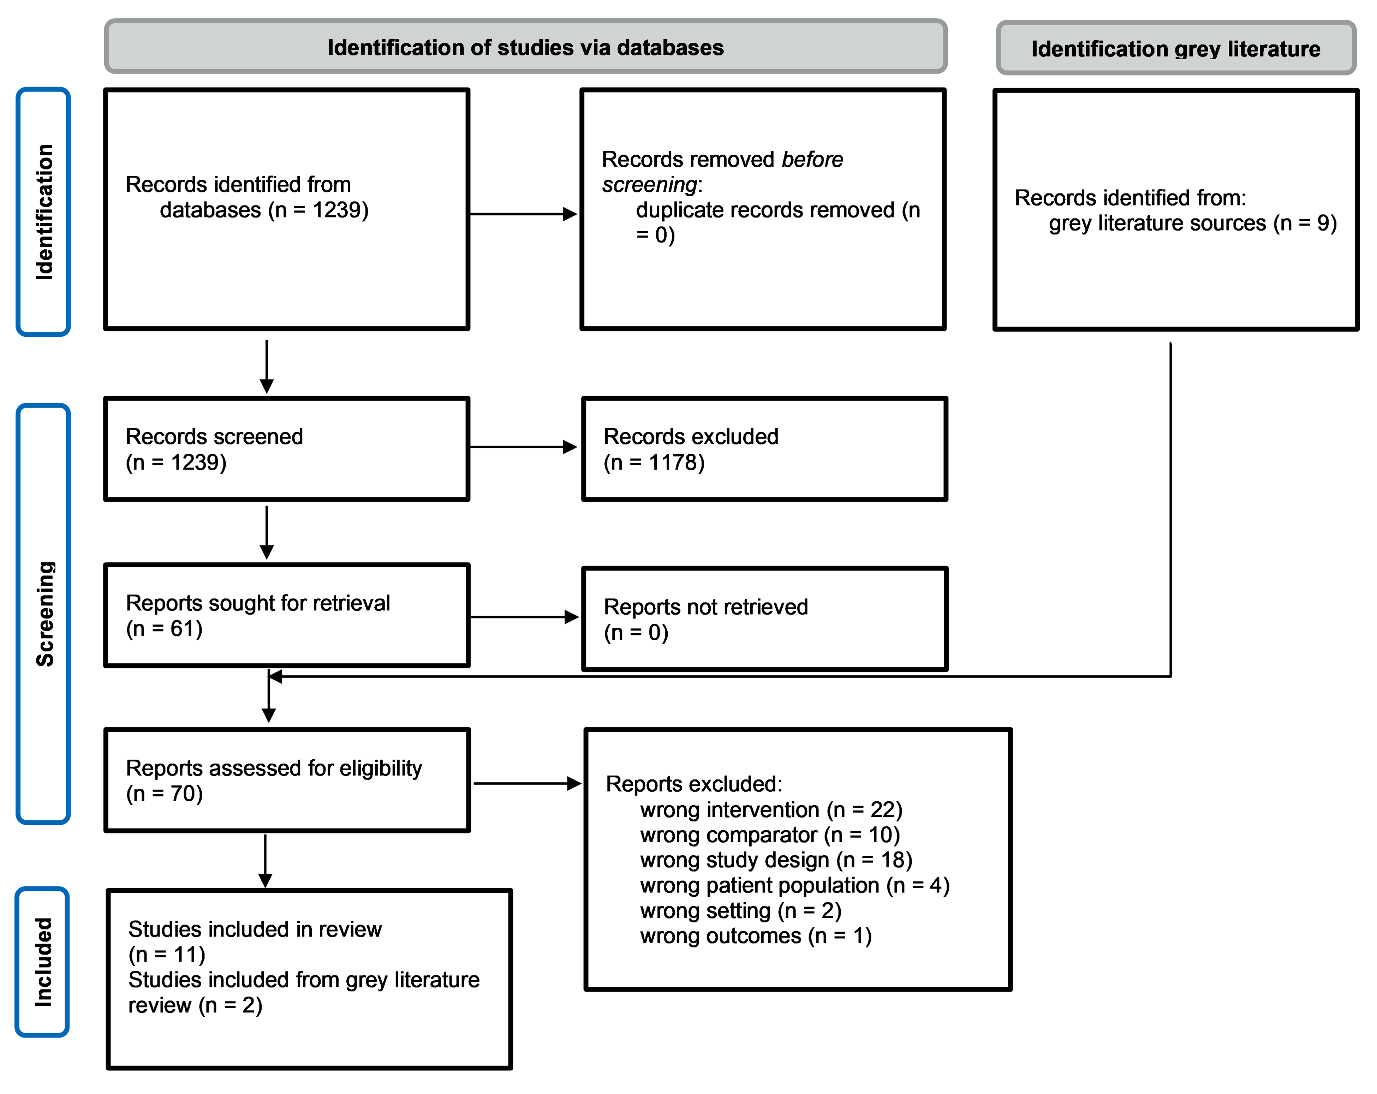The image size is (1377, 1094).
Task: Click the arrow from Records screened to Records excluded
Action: (x=523, y=447)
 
